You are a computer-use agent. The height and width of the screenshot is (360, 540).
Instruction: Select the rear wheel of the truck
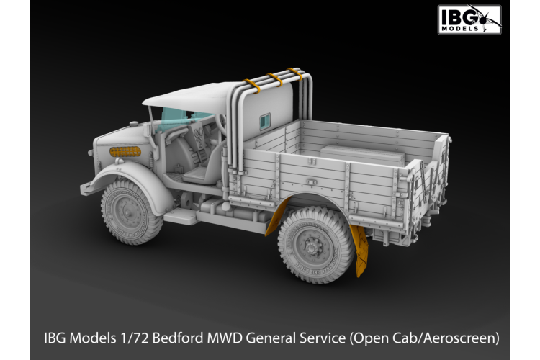(x=315, y=244)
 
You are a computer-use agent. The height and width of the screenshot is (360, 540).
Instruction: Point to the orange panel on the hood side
(x=125, y=152)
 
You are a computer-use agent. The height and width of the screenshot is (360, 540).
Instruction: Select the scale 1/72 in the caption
(x=129, y=337)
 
